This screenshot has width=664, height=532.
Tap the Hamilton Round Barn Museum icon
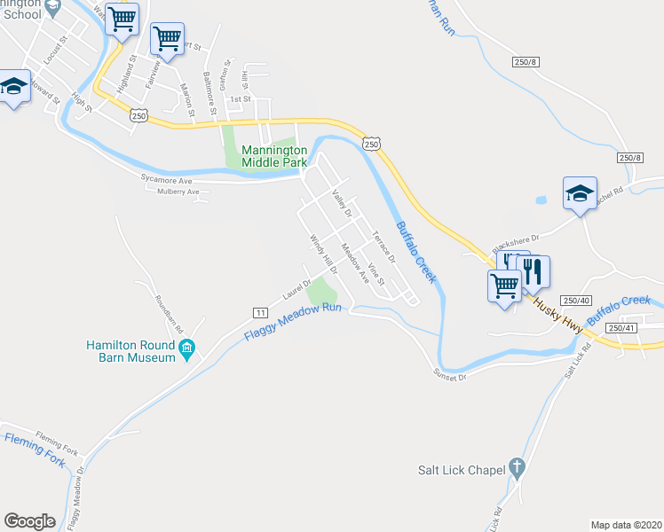tap(186, 350)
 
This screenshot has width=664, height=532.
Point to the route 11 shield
tap(261, 313)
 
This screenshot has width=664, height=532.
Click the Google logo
tap(29, 521)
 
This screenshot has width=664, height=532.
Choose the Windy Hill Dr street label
tap(323, 254)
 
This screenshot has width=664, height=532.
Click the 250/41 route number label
tap(620, 328)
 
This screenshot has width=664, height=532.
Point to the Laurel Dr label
tap(295, 288)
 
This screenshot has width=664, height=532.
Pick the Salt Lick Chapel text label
tap(462, 469)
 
